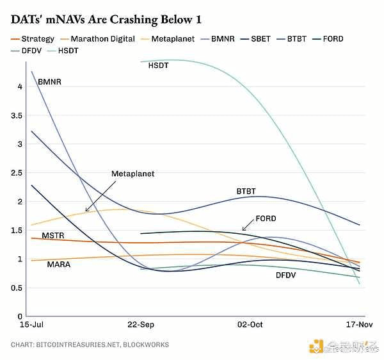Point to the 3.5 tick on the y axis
(17, 115)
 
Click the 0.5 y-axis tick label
(17, 288)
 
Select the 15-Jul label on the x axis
(22, 325)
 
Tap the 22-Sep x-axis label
(141, 325)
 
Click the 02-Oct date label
(250, 325)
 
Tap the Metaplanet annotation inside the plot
(132, 174)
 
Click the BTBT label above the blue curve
(246, 191)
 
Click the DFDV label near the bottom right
(286, 275)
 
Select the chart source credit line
(90, 345)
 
